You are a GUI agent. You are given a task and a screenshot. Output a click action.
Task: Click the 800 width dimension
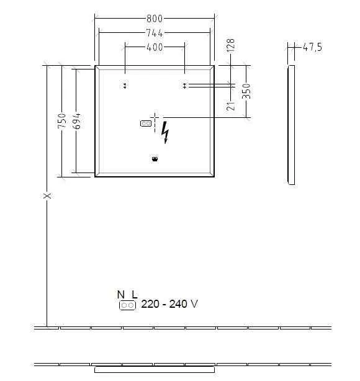155,19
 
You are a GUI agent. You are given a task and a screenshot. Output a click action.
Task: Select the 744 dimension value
155,34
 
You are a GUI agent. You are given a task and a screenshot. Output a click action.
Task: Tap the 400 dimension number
155,47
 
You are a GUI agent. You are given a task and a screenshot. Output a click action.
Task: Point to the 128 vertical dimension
230,45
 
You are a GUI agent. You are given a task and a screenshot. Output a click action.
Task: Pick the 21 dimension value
230,105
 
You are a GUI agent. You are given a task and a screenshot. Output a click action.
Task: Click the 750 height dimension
61,120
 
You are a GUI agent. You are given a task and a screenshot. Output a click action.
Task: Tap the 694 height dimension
76,120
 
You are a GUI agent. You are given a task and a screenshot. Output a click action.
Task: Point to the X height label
47,196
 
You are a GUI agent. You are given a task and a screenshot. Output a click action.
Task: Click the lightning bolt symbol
165,132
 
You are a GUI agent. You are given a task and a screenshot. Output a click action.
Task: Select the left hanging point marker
125,86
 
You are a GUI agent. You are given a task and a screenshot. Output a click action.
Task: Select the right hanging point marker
184,86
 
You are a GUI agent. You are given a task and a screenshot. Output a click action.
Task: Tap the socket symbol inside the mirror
146,123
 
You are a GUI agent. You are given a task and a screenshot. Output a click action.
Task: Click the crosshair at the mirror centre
155,116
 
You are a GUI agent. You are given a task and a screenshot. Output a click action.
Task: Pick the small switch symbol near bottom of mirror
155,159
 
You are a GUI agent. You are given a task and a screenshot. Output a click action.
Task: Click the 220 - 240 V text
169,304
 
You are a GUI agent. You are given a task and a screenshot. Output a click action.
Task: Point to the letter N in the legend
120,295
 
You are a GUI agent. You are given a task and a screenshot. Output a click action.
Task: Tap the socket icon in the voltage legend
127,305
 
